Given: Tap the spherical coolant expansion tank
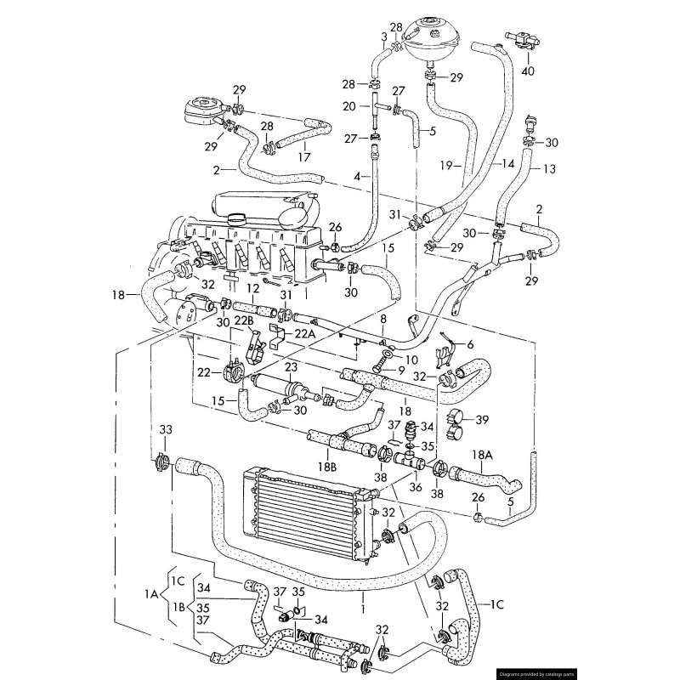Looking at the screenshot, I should (439, 37).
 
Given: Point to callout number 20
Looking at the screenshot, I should (349, 106).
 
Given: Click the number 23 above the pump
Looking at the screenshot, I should (291, 369).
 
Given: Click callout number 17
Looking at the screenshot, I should (303, 157).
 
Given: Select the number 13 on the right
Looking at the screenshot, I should (548, 169).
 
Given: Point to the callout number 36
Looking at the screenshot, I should (415, 487).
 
